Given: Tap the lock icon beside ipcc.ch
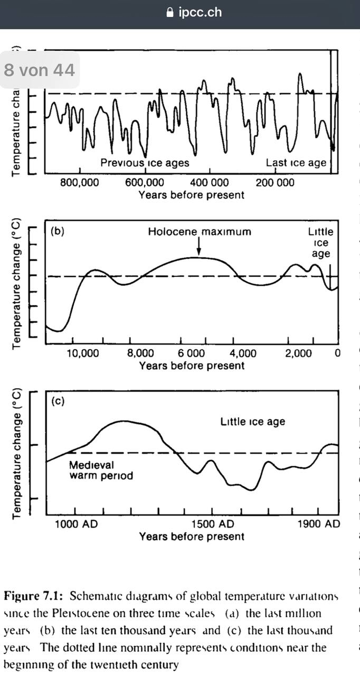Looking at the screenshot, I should [x=169, y=13].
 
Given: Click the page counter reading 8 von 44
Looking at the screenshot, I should [x=40, y=70].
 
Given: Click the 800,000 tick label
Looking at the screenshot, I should [x=79, y=183].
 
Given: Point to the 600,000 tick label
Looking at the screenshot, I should [x=144, y=183].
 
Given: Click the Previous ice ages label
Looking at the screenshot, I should [x=145, y=163].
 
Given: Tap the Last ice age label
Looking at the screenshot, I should [x=296, y=163].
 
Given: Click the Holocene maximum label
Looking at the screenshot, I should [x=200, y=231].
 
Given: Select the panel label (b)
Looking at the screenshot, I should [x=57, y=231].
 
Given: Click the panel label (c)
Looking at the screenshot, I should [x=58, y=401].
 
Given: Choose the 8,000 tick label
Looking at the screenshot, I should [x=140, y=353].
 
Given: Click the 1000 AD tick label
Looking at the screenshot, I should [x=75, y=524].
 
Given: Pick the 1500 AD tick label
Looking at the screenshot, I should [x=211, y=524].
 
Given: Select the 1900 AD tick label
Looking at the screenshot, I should [x=319, y=524].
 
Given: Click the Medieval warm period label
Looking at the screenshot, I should [x=101, y=471].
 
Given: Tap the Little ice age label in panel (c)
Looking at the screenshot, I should [x=252, y=421].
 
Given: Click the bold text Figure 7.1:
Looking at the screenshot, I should [x=34, y=596].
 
